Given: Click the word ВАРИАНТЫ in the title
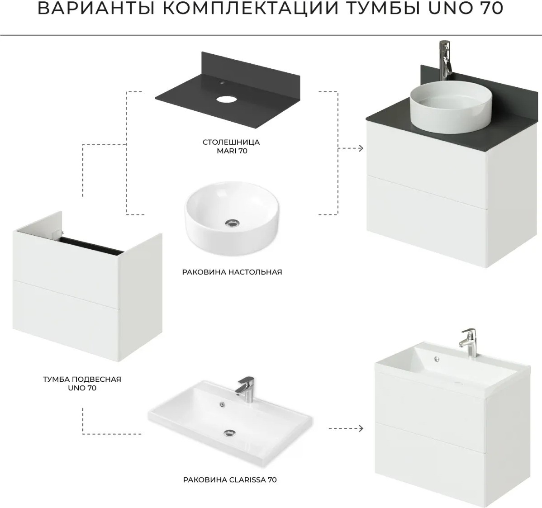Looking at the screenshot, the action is point(96,9).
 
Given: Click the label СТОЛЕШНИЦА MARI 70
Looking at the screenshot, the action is point(232,147).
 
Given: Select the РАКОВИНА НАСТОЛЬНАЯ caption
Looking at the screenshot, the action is point(232,272).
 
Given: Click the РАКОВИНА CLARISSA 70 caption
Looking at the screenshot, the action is point(230,480).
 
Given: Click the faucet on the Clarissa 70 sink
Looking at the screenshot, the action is point(245,390).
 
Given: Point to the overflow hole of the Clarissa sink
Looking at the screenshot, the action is point(222,404).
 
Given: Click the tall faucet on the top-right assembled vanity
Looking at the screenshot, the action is point(446,60).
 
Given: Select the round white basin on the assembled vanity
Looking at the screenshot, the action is point(451,107).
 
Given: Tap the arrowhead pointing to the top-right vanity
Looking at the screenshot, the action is point(361,148).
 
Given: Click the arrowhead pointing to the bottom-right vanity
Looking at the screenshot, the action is point(361,428).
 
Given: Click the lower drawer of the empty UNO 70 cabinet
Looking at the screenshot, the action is point(66,320).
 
